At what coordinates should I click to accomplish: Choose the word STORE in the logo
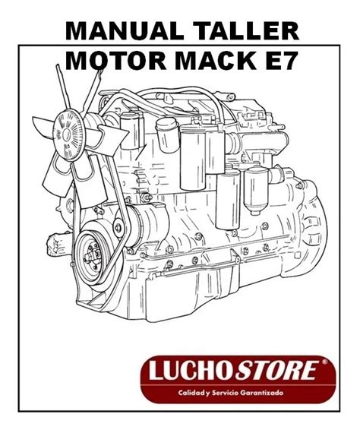pos(275,370)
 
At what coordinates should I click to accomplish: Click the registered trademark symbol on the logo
pos(324,362)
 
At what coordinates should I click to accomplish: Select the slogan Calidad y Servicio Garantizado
pos(231,393)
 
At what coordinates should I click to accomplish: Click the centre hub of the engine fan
pos(67,134)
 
